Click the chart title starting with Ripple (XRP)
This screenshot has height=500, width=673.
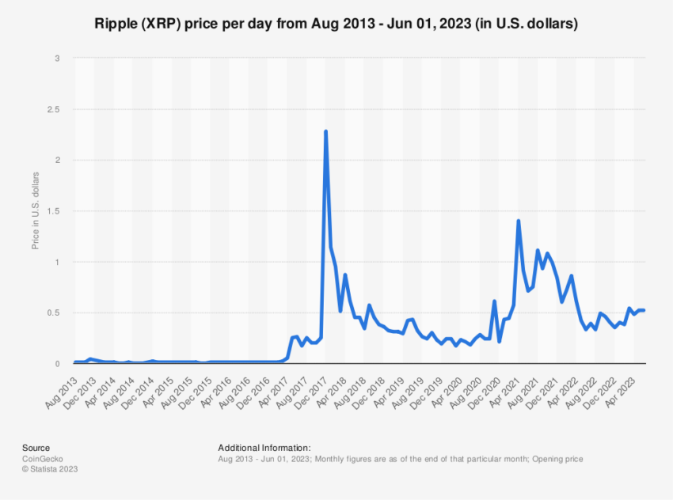pyautogui.click(x=336, y=24)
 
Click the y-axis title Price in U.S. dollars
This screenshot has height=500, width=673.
pyautogui.click(x=35, y=210)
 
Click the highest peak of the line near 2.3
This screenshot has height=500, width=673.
pyautogui.click(x=325, y=131)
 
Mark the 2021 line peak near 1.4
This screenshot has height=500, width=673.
pyautogui.click(x=518, y=221)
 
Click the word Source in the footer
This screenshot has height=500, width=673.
pyautogui.click(x=36, y=447)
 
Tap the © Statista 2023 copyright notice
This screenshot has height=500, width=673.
pyautogui.click(x=51, y=469)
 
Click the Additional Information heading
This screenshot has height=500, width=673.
pyautogui.click(x=264, y=447)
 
